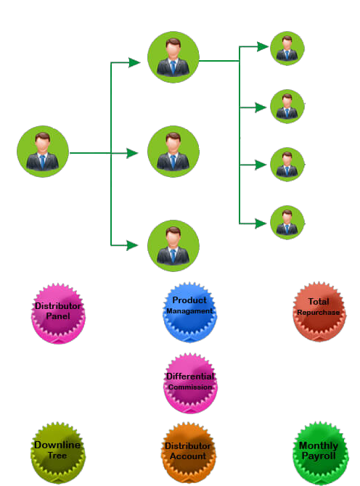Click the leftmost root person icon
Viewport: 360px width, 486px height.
pos(43,152)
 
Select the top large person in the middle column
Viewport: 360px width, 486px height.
pos(173,57)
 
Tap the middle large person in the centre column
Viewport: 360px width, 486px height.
pos(173,152)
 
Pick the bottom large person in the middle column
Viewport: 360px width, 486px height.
pos(173,246)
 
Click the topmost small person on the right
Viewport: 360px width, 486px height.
pos(287,49)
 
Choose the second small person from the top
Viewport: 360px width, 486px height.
pos(287,107)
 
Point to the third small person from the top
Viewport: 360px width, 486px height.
pos(287,164)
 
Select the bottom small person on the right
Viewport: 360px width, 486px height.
pos(287,222)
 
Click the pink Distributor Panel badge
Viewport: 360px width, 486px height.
pos(58,313)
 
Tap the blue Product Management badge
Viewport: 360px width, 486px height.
pos(189,312)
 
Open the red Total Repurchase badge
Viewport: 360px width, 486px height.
pos(319,311)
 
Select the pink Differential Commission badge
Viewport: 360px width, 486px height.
pos(190,383)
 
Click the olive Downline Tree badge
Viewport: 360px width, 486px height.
pos(57,453)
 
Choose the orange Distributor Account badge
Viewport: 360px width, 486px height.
pos(188,453)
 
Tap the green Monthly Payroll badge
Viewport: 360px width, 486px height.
pos(320,453)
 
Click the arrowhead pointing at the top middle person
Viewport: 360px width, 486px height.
pos(134,62)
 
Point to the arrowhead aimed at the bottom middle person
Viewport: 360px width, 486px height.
pos(132,245)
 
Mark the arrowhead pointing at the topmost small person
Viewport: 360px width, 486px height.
pos(263,46)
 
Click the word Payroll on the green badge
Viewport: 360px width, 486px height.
pos(319,456)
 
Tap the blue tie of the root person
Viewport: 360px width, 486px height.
pos(43,160)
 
